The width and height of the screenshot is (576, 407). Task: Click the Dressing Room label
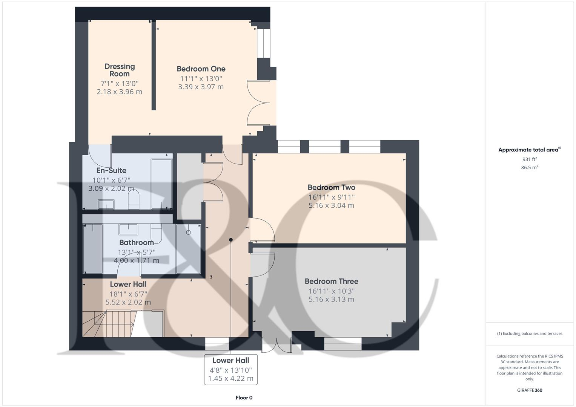pos(120,70)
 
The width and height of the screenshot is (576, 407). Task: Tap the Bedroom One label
pos(201,69)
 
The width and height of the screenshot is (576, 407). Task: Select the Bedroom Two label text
pos(331,187)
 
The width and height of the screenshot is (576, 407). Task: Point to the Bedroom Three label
pos(331,281)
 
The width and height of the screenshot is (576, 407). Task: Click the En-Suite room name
pos(111,170)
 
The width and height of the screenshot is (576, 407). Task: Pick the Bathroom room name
pos(136,242)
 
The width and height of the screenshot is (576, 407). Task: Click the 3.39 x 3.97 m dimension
pos(201,87)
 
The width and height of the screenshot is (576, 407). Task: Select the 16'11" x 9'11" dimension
pos(331,197)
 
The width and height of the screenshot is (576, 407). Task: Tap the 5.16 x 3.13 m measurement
pos(331,300)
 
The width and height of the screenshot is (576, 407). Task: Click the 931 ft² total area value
pos(529,159)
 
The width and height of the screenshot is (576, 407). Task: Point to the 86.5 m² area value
pos(529,168)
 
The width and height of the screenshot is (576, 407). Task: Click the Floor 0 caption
pos(244,398)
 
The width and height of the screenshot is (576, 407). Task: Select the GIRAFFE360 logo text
pos(529,390)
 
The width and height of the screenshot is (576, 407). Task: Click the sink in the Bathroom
pos(128,229)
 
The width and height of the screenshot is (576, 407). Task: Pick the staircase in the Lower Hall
pos(108,323)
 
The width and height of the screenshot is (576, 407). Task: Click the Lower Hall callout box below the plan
pos(230,369)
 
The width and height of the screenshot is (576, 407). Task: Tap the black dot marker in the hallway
pos(231,240)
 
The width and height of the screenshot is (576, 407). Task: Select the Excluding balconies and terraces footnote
pos(529,334)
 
